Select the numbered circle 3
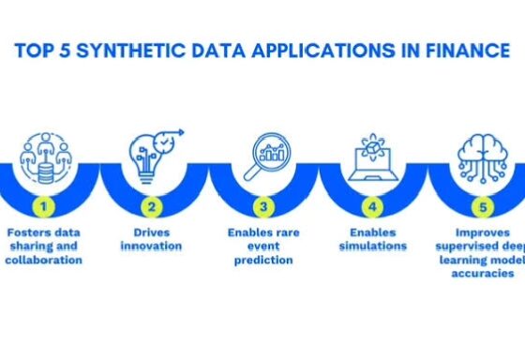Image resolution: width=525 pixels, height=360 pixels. pyautogui.click(x=263, y=202)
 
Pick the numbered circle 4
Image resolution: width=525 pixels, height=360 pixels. pyautogui.click(x=373, y=202)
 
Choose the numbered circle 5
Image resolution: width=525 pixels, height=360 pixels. pyautogui.click(x=483, y=202)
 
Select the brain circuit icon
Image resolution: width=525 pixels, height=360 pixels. pyautogui.click(x=483, y=156)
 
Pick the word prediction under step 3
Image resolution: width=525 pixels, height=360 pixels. pyautogui.click(x=263, y=260)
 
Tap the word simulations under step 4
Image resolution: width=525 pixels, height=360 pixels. pyautogui.click(x=373, y=246)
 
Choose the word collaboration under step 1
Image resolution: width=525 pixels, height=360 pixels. pyautogui.click(x=45, y=260)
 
